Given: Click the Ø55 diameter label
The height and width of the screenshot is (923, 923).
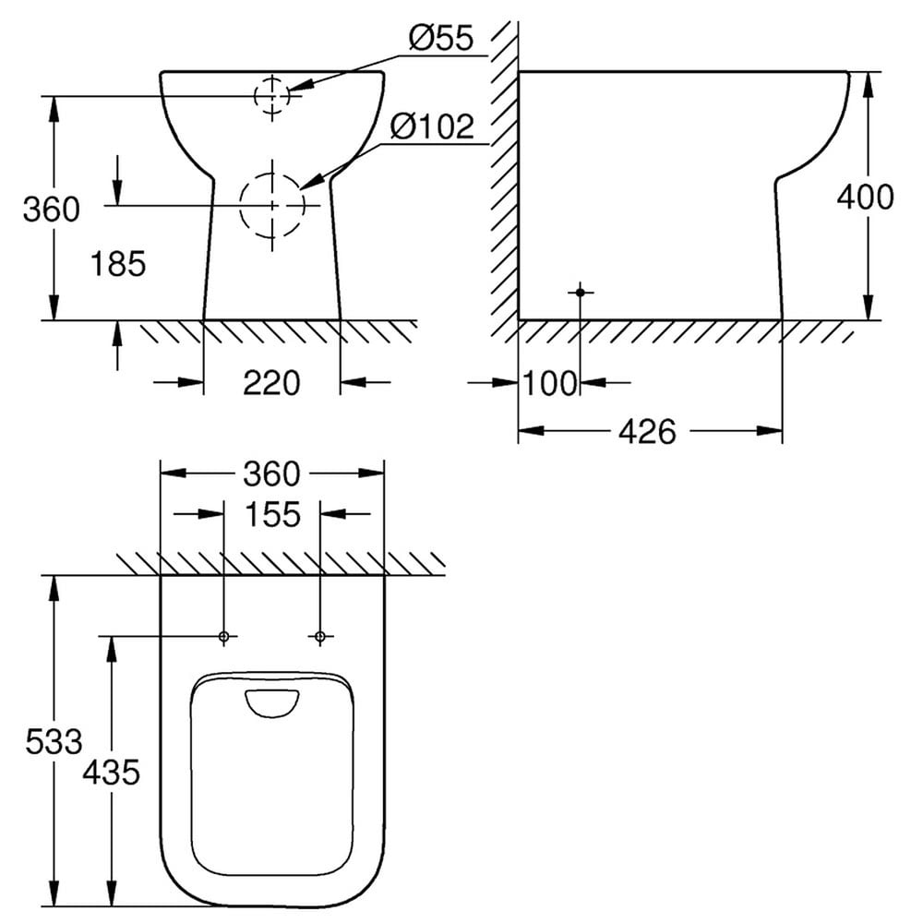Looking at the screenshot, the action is coord(441,38).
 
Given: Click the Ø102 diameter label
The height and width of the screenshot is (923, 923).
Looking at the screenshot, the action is coord(432,126).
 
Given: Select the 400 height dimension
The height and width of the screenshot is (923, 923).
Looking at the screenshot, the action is coord(865,197).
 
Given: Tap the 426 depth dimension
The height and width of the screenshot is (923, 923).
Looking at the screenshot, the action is coord(648,432).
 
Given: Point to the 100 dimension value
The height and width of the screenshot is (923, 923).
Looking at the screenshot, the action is coord(550,383).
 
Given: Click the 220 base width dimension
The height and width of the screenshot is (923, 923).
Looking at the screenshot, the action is coord(271,383).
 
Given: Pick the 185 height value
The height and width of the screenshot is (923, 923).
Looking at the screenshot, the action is coord(118,264).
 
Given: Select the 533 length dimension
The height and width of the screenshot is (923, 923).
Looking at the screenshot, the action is coord(54,741).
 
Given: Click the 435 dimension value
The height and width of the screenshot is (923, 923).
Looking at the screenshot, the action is coord(112,773).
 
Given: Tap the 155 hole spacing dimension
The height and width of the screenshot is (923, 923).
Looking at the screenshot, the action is coord(272,514).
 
